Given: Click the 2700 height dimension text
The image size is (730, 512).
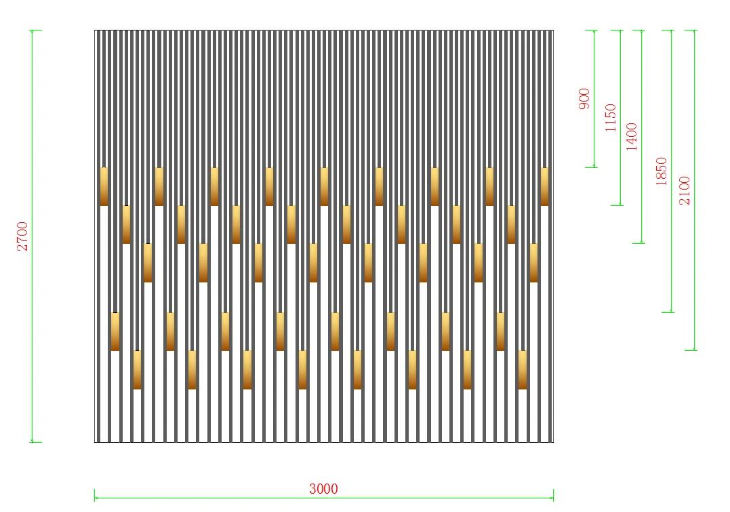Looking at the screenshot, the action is point(22,236).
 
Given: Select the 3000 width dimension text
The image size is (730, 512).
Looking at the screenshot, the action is point(323,489).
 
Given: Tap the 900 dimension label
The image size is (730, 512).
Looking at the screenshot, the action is point(584,99).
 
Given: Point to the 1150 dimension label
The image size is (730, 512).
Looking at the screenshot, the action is point(610,118).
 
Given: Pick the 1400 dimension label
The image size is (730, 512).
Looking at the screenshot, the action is point(631,137).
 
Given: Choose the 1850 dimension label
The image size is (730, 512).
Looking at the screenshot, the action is point(661,171).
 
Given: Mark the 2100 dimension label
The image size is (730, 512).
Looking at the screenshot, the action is point(685,190).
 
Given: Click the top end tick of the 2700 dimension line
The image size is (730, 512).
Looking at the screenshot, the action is point(32,30).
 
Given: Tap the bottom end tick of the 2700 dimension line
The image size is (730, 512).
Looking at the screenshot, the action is point(32,442).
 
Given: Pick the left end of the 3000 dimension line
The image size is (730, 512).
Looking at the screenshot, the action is point(94,498).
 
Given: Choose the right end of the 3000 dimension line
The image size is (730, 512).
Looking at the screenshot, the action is point(554,498).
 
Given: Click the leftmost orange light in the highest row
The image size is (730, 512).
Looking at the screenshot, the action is point(104,186).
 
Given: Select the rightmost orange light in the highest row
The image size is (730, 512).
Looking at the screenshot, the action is point(544,186).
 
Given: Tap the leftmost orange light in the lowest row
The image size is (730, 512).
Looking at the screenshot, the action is point(137,370).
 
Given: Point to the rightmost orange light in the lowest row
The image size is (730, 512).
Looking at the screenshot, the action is point(523,370).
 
